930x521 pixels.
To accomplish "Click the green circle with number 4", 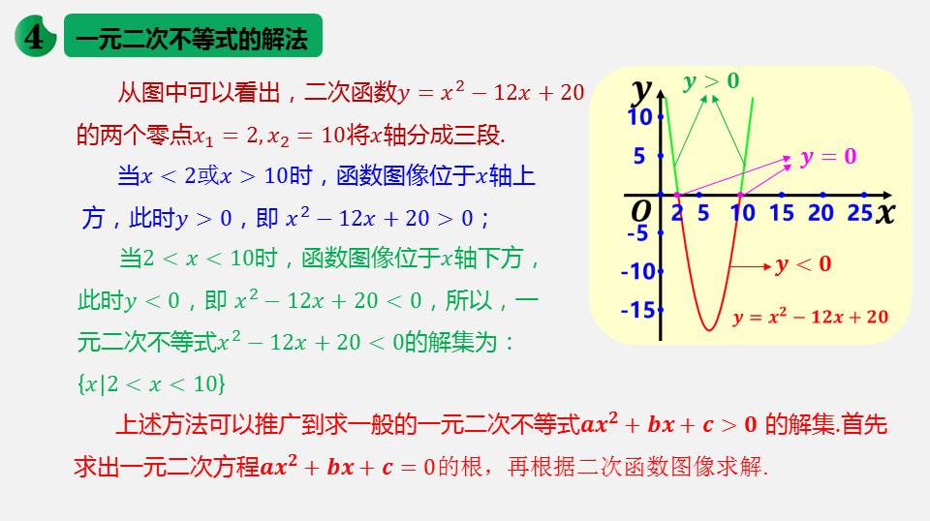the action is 36,36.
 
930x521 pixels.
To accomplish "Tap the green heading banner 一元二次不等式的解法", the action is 194,36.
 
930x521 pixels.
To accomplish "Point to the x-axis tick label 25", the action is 859,213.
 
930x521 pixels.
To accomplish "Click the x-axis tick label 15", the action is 781,213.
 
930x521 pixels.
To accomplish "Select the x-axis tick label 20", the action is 821,213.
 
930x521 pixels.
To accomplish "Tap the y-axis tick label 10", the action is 640,117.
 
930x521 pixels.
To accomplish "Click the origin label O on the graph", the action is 641,211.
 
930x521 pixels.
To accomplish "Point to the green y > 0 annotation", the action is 711,80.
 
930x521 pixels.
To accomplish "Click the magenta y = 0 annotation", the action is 828,157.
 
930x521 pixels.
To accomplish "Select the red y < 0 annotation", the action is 803,264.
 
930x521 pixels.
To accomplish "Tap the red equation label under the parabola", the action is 810,317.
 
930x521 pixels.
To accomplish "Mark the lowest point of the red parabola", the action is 709,329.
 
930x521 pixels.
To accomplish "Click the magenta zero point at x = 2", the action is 677,195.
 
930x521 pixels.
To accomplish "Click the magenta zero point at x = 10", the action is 740,195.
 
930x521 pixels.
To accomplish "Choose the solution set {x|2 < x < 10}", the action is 151,384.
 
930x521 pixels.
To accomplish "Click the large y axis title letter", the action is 641,91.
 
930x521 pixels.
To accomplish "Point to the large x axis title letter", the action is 884,212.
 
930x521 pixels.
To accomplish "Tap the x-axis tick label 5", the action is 703,213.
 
